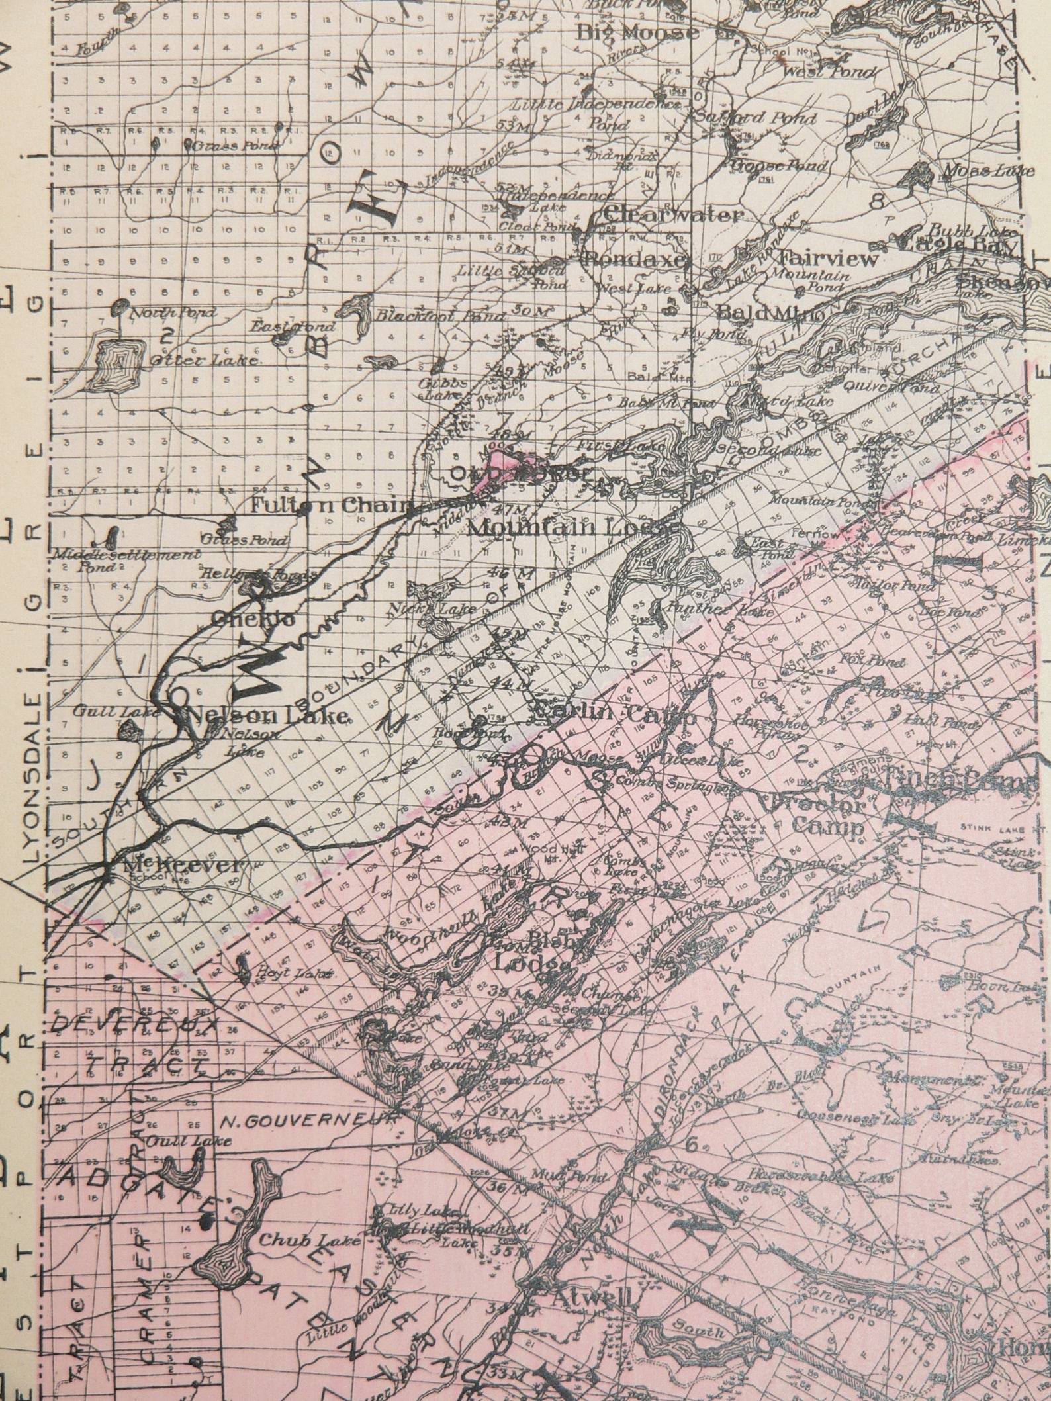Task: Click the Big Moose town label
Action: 638,32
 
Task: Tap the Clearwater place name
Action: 673,215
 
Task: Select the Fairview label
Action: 827,258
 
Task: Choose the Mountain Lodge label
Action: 572,527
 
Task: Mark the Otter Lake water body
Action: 120,361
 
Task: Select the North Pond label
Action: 173,313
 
